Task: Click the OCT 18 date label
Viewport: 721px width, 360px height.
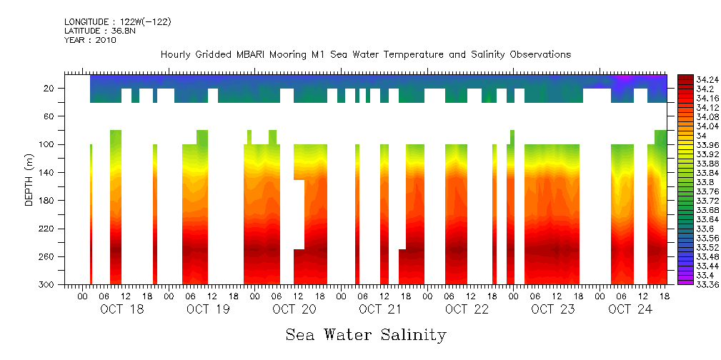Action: point(121,309)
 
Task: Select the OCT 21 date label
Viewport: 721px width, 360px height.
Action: point(380,309)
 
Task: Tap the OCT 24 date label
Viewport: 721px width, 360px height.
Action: point(629,309)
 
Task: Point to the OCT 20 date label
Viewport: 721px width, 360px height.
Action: point(294,309)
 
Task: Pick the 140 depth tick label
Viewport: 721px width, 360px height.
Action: point(48,173)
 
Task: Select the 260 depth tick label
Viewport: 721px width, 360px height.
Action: point(48,257)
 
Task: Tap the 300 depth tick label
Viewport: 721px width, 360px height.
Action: point(48,285)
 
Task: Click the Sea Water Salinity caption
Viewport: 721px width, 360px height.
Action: point(366,335)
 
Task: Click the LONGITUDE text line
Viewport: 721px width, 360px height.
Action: point(117,22)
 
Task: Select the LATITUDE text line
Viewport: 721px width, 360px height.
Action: point(100,31)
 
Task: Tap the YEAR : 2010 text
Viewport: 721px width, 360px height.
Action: point(90,40)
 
